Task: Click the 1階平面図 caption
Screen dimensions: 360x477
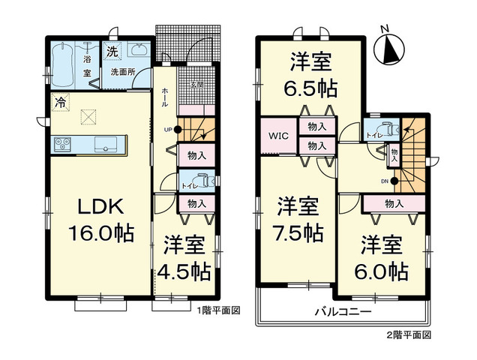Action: click(218, 310)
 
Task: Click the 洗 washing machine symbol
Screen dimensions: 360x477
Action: click(111, 52)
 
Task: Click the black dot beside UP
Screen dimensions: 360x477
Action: click(178, 129)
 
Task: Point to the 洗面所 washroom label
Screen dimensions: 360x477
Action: click(122, 73)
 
